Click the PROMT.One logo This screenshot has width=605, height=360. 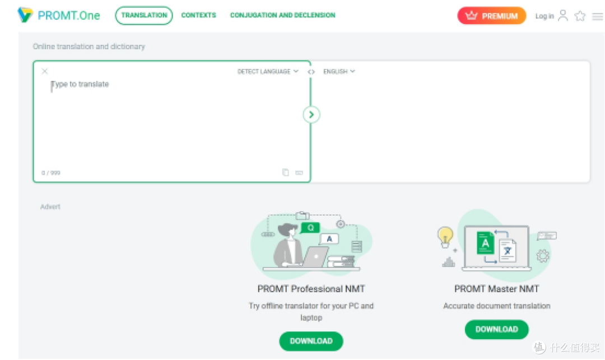(59, 15)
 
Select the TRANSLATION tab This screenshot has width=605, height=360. (144, 16)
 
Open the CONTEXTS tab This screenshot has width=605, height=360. (199, 16)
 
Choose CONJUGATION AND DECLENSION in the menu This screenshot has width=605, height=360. (282, 16)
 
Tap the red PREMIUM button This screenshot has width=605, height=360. (492, 16)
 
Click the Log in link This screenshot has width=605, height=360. (544, 16)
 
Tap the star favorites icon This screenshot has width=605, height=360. (580, 16)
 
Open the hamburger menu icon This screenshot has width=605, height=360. (597, 16)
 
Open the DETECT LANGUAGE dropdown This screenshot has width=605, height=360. (268, 71)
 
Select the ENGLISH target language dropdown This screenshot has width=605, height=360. (339, 71)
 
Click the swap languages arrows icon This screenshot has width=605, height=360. (311, 72)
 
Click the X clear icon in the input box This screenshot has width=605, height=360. (45, 71)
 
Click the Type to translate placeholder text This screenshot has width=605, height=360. (80, 84)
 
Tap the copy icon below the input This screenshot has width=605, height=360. (286, 172)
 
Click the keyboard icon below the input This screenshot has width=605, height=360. (299, 172)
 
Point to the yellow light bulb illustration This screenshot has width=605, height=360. (445, 237)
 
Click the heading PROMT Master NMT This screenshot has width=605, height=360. (496, 289)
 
